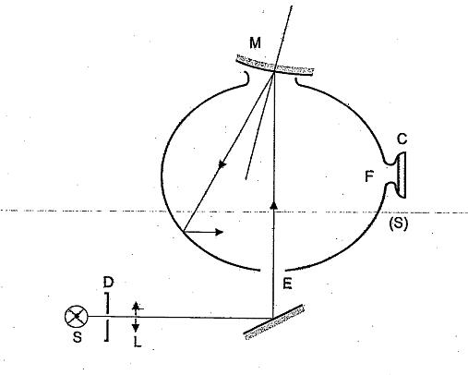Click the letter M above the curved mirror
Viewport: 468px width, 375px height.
point(255,42)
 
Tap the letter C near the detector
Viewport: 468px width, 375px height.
point(402,139)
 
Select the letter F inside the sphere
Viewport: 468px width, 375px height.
point(369,176)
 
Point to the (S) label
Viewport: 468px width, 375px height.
point(399,224)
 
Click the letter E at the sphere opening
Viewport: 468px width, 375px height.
point(287,284)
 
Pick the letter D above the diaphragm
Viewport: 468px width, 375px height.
point(108,282)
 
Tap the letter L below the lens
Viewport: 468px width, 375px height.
point(138,342)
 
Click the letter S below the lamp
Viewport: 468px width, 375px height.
point(78,337)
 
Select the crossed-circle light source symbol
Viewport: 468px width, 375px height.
point(77,316)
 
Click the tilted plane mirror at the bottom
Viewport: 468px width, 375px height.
point(274,322)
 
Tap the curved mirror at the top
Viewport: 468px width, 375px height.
point(275,66)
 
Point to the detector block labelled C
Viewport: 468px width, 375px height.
point(401,175)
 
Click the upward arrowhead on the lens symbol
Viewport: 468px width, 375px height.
point(136,306)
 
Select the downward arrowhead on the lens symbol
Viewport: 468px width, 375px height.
point(136,328)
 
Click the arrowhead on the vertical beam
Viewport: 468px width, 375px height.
point(274,206)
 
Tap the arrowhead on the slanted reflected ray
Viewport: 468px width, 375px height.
point(222,164)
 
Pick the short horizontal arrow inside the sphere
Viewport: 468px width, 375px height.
point(203,232)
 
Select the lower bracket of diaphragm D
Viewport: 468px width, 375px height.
point(106,331)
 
